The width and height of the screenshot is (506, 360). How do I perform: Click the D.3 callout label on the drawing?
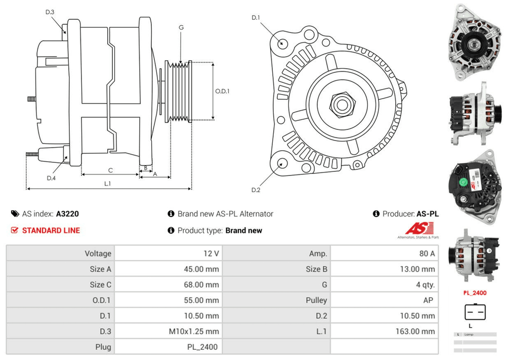pos(50,12)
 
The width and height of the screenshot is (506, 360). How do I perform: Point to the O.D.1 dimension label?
pos(223,92)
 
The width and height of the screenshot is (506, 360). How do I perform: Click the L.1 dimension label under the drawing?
pos(107,184)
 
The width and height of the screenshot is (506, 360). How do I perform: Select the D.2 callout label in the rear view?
pos(256,190)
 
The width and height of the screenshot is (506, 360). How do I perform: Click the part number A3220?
pos(67,214)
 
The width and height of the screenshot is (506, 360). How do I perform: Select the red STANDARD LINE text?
pos(51,231)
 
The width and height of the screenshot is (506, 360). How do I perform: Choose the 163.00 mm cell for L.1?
pos(415,332)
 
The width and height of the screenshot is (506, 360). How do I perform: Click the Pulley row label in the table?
pos(316,300)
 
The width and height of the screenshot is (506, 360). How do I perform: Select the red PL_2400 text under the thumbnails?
pos(475,293)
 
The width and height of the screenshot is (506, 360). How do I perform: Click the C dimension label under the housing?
pos(110,170)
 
